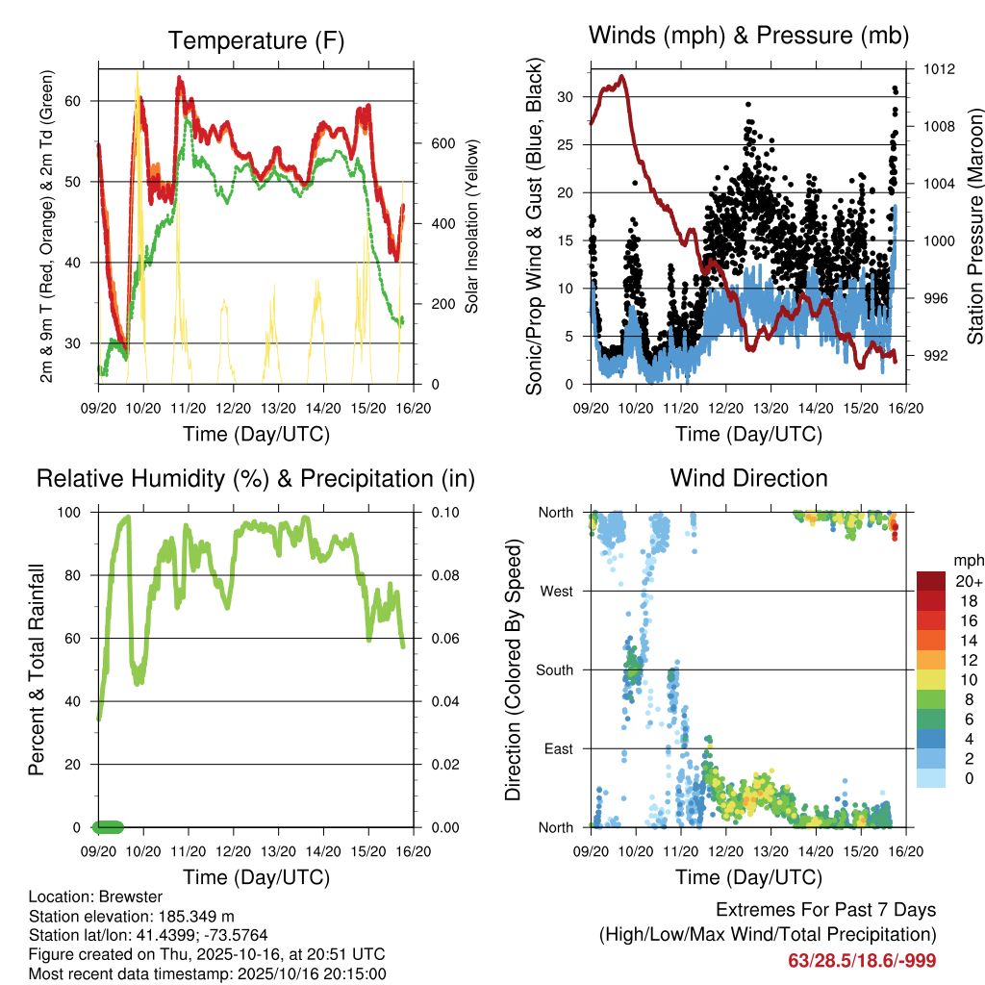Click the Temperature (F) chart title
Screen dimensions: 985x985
point(256,40)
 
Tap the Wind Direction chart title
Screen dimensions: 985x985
point(748,477)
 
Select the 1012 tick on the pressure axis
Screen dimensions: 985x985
point(939,69)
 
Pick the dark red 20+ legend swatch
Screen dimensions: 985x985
point(930,581)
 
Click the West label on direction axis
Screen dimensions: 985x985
point(556,591)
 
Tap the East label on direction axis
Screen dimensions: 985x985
point(558,748)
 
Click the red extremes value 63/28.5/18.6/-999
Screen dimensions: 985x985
point(862,960)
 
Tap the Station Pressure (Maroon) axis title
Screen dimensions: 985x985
point(973,226)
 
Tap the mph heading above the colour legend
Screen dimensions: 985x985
point(968,560)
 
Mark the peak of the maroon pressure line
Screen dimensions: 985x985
point(621,76)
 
